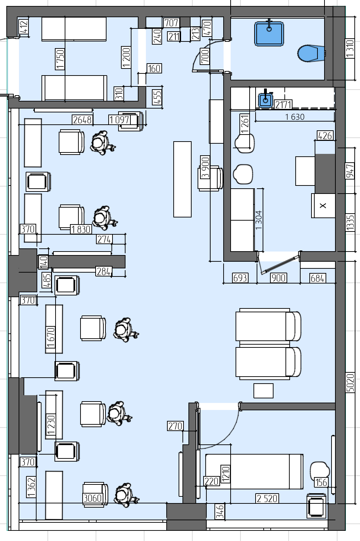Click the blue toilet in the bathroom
click(311, 53)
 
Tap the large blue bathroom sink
click(269, 33)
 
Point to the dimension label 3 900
click(205, 167)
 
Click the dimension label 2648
click(83, 120)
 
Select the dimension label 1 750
click(60, 59)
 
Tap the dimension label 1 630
click(295, 117)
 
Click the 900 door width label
click(278, 278)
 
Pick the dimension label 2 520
click(267, 498)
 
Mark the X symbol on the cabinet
click(323, 206)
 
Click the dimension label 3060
click(92, 498)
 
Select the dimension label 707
click(171, 23)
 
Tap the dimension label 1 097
click(120, 120)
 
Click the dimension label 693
click(240, 278)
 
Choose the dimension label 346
click(220, 511)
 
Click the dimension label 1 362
click(31, 487)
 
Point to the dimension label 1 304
click(258, 220)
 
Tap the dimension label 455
click(157, 97)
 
